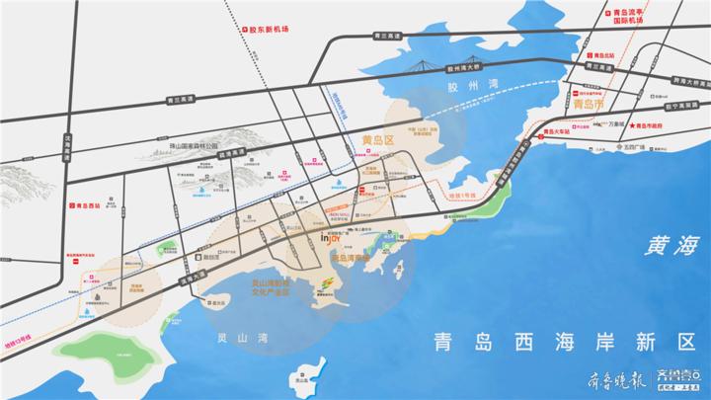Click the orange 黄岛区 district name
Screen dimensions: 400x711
pos(378,140)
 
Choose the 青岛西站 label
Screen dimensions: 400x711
pos(87,206)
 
